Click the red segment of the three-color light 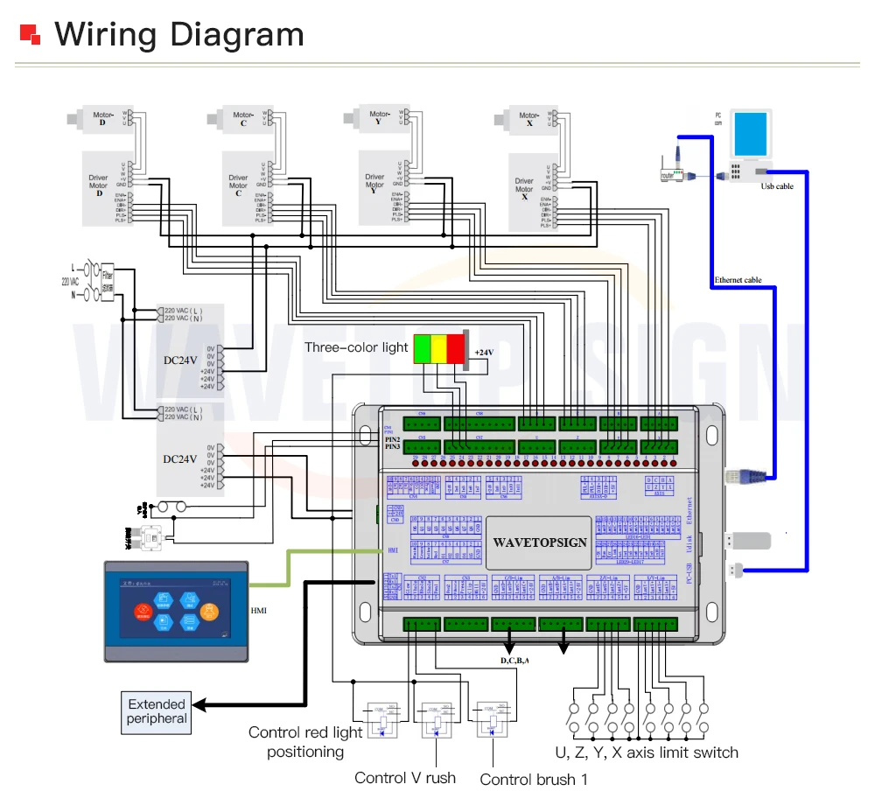coord(455,347)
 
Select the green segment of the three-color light coord(421,347)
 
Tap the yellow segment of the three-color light coord(437,347)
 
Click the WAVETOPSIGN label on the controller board coord(540,542)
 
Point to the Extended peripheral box coord(157,711)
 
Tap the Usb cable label coord(777,186)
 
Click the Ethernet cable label coord(738,280)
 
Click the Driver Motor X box coord(524,191)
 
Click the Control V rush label coord(405,778)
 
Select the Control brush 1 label coord(534,779)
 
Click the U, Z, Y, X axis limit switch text coord(647,752)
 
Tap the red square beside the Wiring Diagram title coord(31,34)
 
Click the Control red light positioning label coord(305,742)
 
